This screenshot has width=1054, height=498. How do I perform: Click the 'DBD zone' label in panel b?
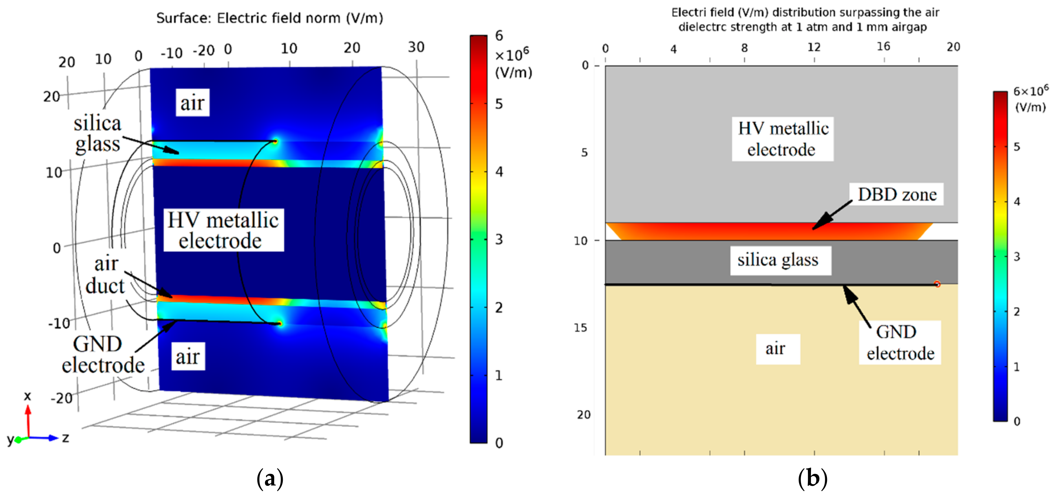tap(896, 195)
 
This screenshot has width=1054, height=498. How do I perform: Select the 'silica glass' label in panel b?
tap(778, 260)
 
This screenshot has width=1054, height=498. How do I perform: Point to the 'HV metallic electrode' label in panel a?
tap(223, 231)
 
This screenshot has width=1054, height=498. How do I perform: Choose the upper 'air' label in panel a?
tap(192, 103)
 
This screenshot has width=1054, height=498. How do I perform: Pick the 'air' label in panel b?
tap(775, 349)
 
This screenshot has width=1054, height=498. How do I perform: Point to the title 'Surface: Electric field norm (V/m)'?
tap(270, 18)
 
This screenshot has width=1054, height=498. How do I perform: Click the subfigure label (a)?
tap(270, 478)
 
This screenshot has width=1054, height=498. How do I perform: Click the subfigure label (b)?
tap(812, 478)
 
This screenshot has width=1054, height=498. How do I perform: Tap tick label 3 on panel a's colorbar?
tap(499, 239)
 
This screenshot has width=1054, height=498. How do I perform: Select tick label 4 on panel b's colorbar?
tap(1017, 202)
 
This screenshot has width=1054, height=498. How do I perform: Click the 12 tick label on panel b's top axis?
tap(814, 48)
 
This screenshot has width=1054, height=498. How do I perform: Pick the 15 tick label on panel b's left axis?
tap(581, 328)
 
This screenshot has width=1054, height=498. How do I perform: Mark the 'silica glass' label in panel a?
tap(97, 134)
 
